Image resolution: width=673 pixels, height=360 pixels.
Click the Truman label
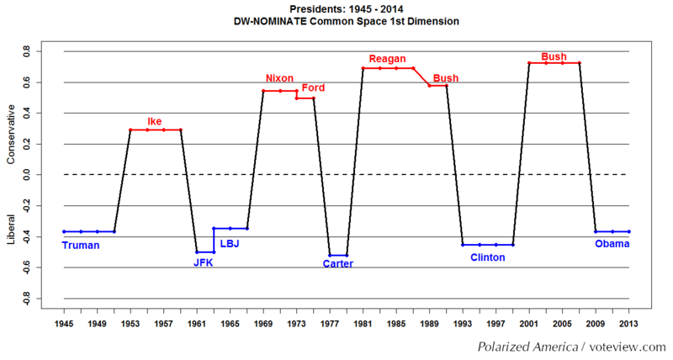tap(81, 246)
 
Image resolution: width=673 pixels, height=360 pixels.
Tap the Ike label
tap(155, 121)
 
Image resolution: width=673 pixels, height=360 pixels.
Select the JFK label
tap(204, 262)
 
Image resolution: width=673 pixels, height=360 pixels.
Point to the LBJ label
tap(230, 245)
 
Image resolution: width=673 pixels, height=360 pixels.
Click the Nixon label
tap(279, 79)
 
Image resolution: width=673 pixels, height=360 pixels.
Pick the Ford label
tap(313, 87)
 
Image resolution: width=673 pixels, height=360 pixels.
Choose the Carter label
tap(338, 264)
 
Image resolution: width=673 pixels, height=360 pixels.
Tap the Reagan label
tap(388, 59)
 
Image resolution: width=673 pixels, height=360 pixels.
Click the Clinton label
tap(488, 257)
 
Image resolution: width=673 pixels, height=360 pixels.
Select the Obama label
tap(612, 245)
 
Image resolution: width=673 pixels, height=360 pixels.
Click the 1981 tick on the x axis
tap(363, 323)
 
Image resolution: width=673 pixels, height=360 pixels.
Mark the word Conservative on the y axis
tap(10, 134)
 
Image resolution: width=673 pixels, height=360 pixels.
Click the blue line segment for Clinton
tap(488, 245)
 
